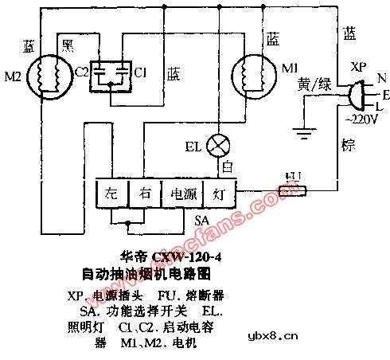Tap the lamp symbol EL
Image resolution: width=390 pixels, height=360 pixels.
217,146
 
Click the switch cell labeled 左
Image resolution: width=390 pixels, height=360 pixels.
111,194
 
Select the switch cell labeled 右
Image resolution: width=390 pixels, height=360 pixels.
143,194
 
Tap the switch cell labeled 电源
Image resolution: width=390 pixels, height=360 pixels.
180,194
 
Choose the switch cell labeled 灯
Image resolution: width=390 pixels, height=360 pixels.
218,194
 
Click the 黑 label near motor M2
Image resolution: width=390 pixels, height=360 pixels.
69,41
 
